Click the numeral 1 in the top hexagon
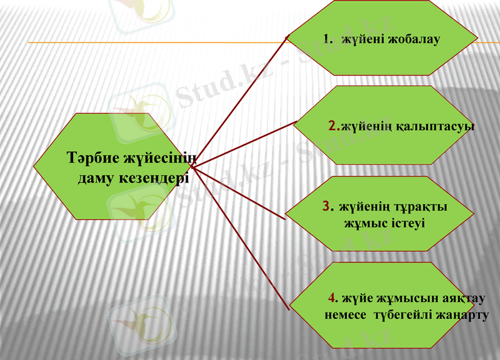pyautogui.click(x=326, y=39)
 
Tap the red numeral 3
pyautogui.click(x=326, y=206)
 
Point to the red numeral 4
pyautogui.click(x=332, y=296)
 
